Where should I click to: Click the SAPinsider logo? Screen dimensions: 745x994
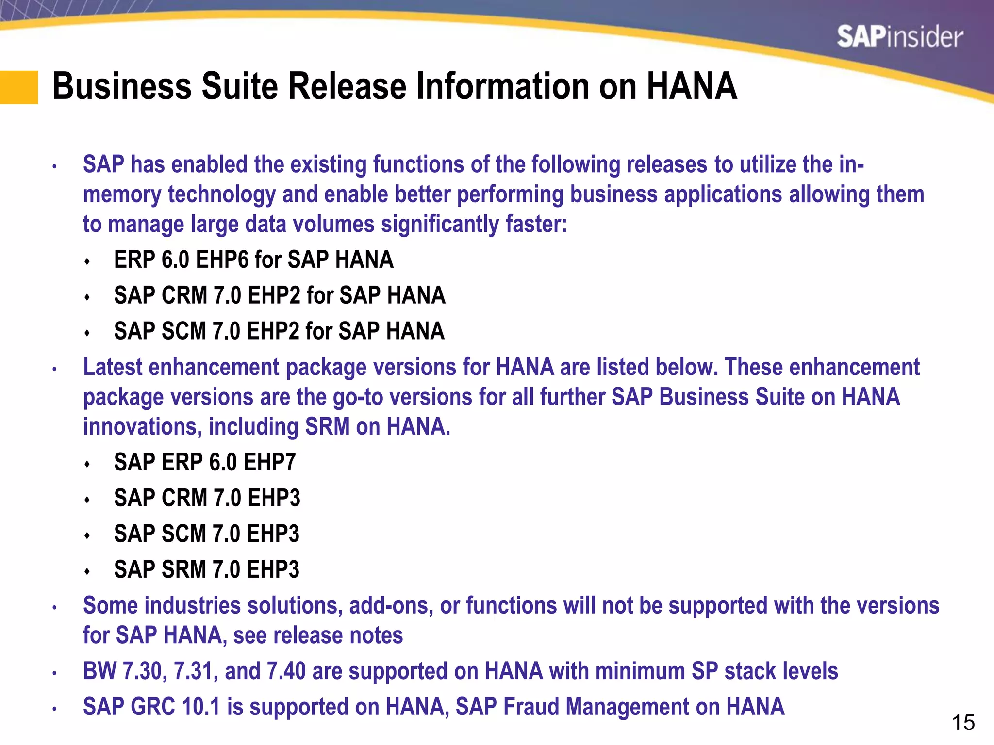899,37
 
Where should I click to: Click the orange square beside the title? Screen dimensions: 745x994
18,87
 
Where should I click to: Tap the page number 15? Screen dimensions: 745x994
963,723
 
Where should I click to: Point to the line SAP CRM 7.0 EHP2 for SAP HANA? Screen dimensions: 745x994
280,295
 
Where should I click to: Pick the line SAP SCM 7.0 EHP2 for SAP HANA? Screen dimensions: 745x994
279,331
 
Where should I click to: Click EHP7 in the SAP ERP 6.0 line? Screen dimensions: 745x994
269,462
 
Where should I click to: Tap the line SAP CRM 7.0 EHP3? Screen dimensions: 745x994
207,498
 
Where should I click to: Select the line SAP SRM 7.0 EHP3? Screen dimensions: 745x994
207,569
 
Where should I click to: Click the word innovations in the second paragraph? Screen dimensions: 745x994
142,427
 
